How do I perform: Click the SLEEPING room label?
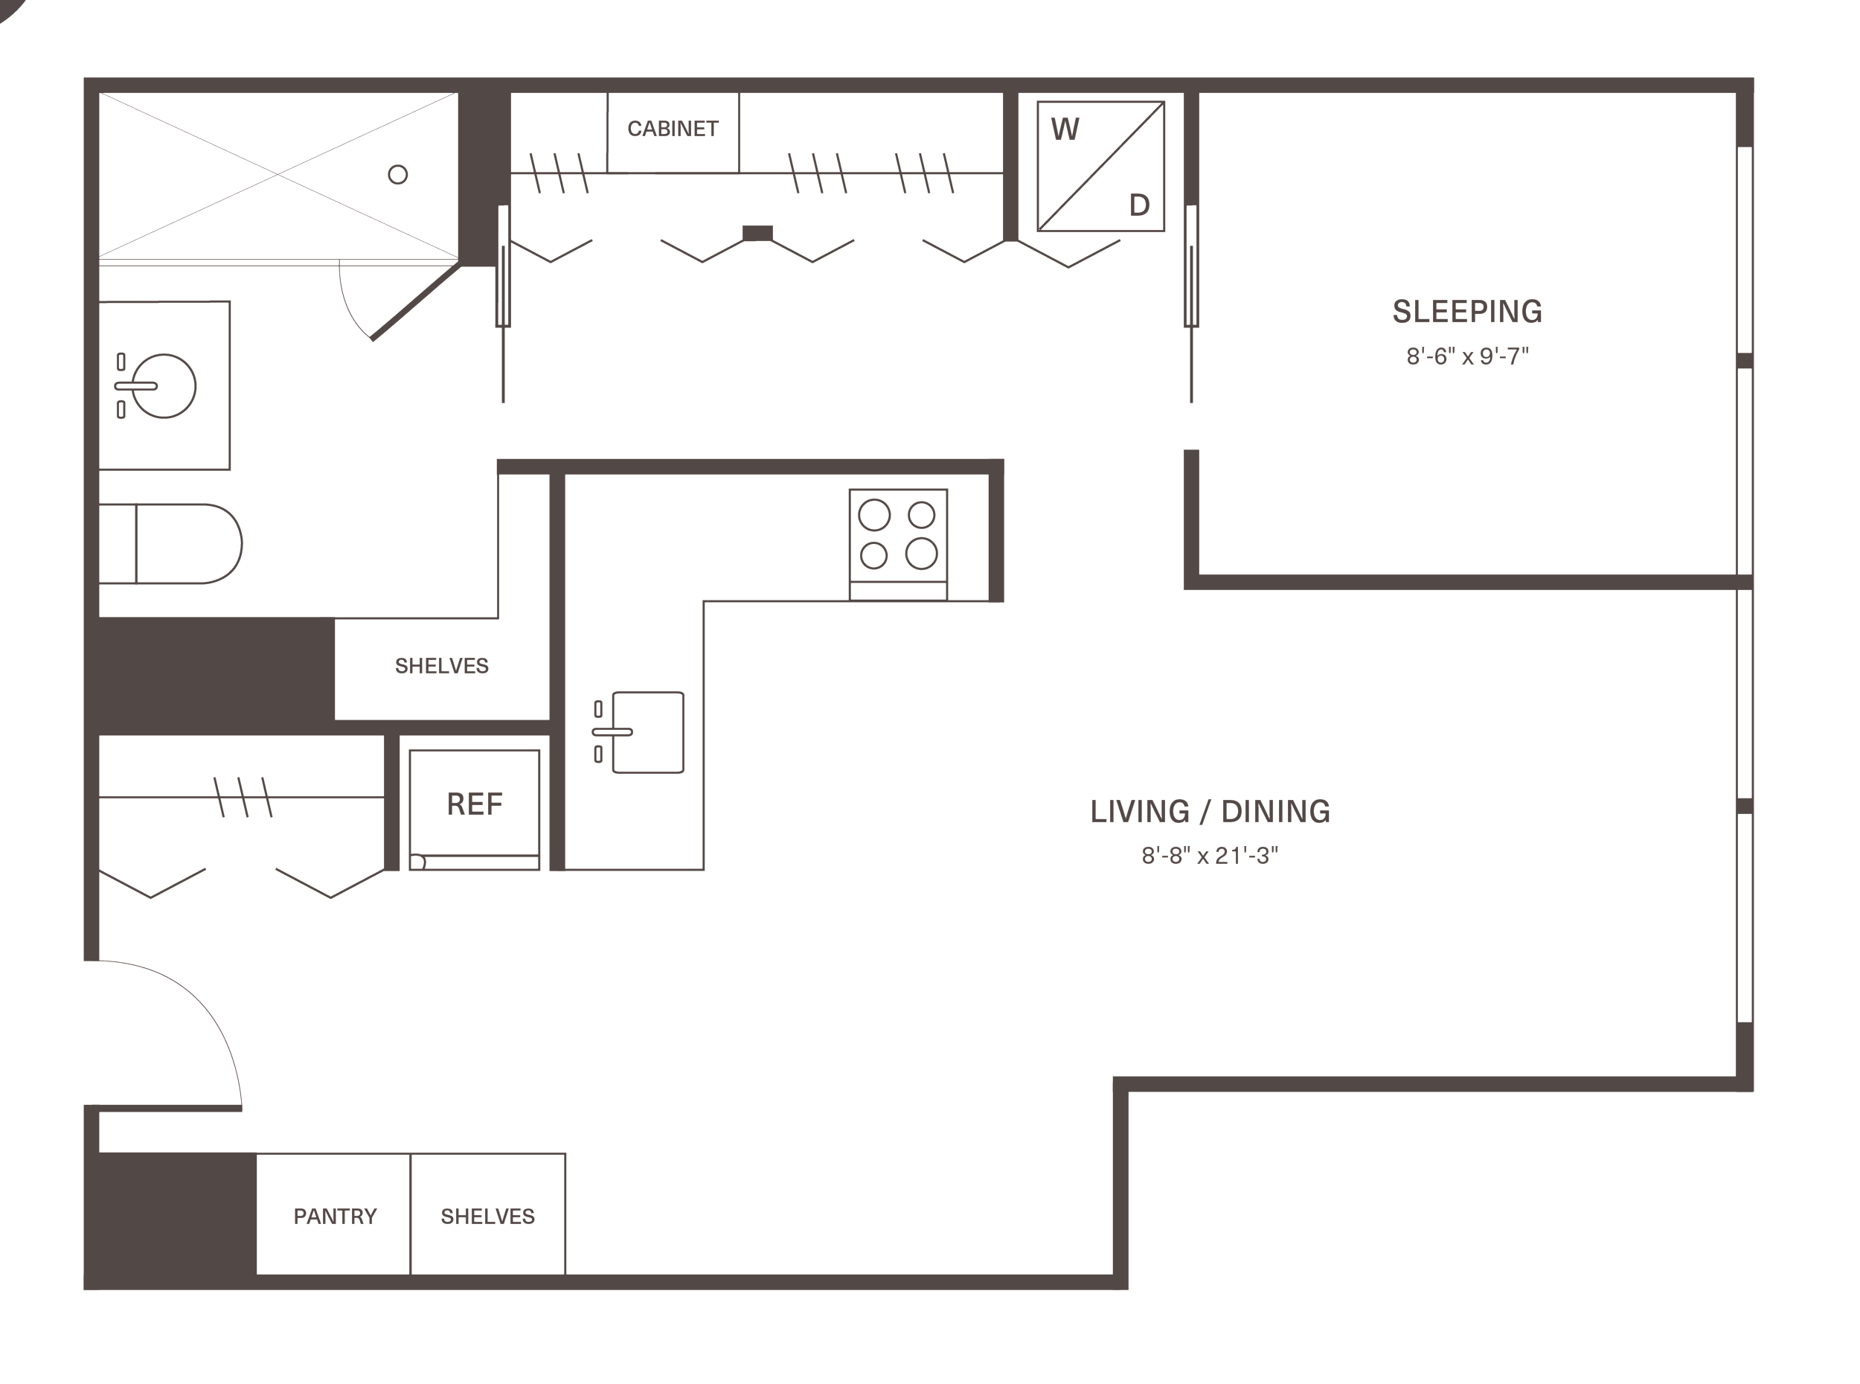tap(1466, 312)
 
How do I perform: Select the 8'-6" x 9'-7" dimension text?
tap(1467, 356)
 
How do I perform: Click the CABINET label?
tap(673, 129)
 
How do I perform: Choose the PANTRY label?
tap(335, 1217)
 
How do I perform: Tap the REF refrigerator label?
tap(474, 804)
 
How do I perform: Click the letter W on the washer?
tap(1065, 129)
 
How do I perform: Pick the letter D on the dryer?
tap(1139, 205)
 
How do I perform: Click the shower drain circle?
tap(398, 174)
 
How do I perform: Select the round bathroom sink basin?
tap(164, 386)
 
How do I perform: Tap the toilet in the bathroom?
tap(171, 544)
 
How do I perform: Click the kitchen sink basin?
tap(648, 732)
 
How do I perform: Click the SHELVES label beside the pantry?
tap(487, 1217)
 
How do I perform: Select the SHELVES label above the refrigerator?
tap(441, 666)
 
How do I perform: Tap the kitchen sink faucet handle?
tap(612, 732)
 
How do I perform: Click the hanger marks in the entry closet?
tap(243, 797)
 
